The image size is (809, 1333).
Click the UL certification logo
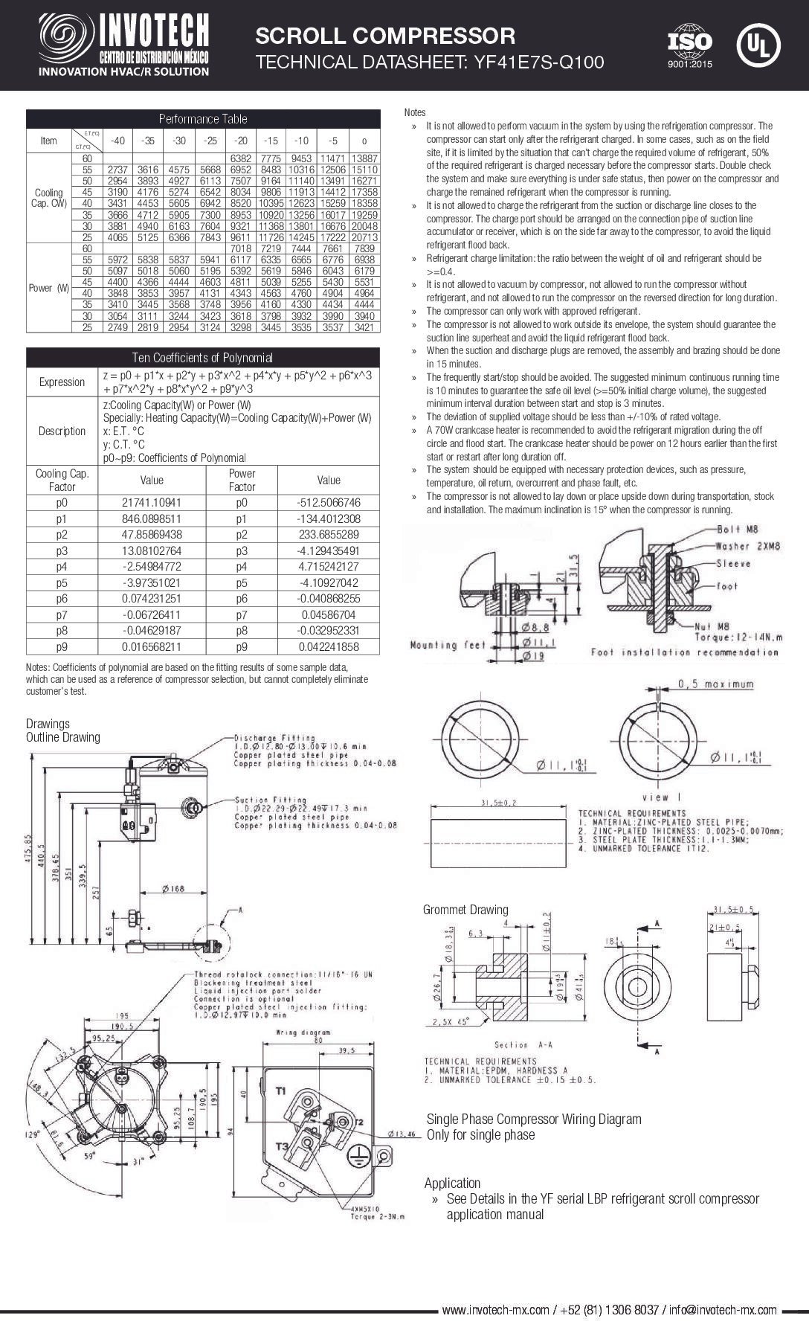click(x=758, y=45)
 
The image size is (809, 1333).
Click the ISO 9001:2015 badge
click(x=689, y=46)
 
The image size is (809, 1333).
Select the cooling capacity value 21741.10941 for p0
click(x=152, y=502)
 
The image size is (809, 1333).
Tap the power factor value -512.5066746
click(x=328, y=502)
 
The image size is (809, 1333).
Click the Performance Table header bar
click(x=203, y=119)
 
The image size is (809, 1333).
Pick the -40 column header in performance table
click(x=117, y=141)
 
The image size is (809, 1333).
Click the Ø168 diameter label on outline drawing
click(x=174, y=889)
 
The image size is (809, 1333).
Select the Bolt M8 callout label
click(x=738, y=530)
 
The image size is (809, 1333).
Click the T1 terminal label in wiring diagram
click(x=281, y=1091)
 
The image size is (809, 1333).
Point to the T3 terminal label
click(x=282, y=1146)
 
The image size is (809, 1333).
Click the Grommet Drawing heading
click(x=465, y=909)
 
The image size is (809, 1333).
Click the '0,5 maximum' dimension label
click(x=715, y=684)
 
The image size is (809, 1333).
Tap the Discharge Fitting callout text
click(x=274, y=738)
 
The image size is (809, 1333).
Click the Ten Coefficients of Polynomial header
click(x=203, y=358)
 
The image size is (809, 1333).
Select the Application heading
click(x=452, y=1183)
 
